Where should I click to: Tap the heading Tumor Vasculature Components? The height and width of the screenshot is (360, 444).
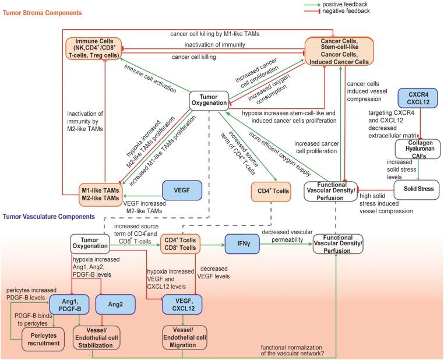point(48,216)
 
